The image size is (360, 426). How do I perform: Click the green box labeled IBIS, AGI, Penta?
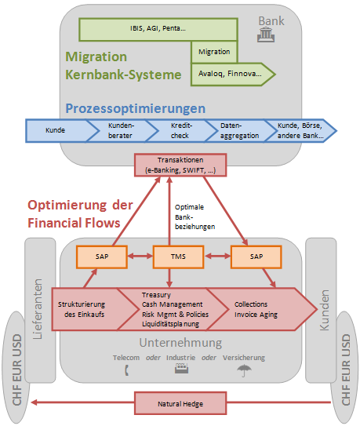[158, 29]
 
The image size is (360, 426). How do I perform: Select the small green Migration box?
[214, 52]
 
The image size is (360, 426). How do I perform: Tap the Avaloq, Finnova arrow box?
[233, 75]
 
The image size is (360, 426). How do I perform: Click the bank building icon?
[266, 35]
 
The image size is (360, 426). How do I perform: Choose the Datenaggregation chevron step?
[239, 130]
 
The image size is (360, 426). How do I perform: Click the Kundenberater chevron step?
[120, 130]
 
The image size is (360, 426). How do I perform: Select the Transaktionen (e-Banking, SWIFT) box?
[180, 165]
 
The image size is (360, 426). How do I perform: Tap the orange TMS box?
[178, 257]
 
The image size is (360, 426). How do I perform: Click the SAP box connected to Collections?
[256, 257]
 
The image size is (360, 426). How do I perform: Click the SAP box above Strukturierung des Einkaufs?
[102, 257]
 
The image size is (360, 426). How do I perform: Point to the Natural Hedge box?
[180, 403]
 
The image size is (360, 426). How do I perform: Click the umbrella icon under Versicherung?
[244, 370]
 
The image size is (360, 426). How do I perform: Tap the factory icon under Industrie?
[181, 369]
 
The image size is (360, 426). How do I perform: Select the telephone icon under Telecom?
[126, 370]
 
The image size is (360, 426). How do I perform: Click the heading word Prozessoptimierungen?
[136, 108]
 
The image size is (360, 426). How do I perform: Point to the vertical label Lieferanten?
[38, 309]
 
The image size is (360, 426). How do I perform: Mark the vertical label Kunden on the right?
[324, 310]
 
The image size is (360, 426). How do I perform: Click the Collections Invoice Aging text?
[256, 309]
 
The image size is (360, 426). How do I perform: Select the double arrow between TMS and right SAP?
[217, 256]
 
